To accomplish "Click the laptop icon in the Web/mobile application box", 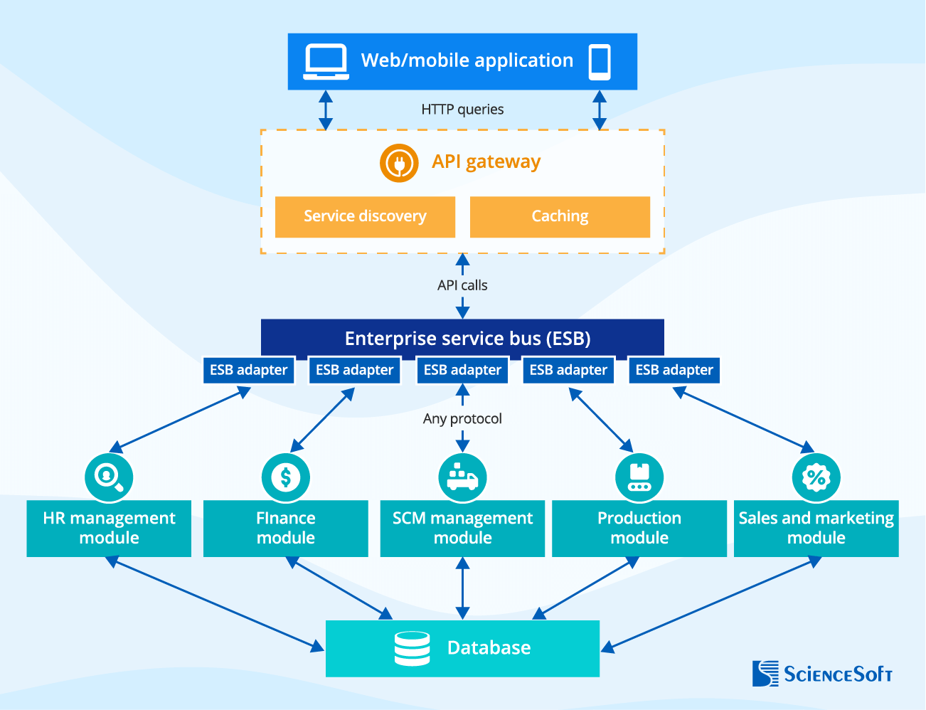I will coord(326,61).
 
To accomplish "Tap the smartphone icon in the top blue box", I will coord(600,62).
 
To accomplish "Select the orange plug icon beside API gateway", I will coord(398,163).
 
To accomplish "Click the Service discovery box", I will coord(365,216).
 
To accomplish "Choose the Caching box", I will coord(560,216).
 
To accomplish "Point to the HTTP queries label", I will coord(462,110).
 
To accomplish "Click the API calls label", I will coord(462,285).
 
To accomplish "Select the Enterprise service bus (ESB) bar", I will coord(467,338).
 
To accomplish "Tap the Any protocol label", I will coord(462,418).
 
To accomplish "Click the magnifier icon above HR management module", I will coord(109,477).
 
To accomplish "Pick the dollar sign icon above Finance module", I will coord(285,477).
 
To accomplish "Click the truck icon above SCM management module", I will coord(462,477).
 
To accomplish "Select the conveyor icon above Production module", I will coord(639,477).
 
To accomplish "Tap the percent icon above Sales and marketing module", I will coord(816,477).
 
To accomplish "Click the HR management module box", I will coord(109,529).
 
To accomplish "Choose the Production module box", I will coord(639,529).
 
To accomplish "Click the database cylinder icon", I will coord(413,648).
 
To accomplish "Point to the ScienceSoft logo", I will coord(822,673).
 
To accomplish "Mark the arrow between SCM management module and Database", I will coord(462,588).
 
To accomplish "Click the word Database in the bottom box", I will coord(489,648).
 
